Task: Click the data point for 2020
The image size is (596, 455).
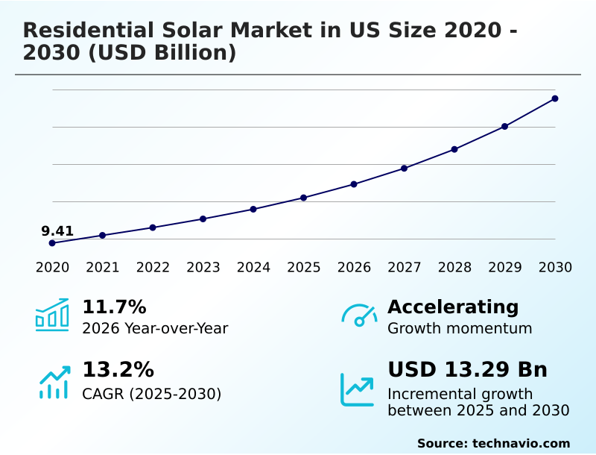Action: pos(52,243)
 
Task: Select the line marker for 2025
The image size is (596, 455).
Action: pos(304,198)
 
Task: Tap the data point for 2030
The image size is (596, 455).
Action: pos(555,98)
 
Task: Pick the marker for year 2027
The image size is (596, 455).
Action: pos(405,169)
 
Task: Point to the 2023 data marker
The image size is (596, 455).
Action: pos(203,219)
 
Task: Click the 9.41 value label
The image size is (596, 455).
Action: pos(57,231)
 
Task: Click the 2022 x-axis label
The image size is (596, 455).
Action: pos(153,268)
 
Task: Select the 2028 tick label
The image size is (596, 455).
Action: pos(454,268)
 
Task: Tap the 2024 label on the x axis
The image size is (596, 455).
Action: pos(253,268)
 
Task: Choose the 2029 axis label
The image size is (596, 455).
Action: pos(505,268)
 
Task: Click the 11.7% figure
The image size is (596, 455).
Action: pos(114,307)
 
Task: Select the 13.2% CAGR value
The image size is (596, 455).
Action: pos(118,370)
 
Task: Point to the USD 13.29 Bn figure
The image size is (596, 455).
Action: pos(468,370)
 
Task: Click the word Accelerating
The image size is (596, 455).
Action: pos(453,307)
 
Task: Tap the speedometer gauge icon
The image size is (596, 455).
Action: pos(359,316)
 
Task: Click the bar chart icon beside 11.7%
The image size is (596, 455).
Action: pos(52,316)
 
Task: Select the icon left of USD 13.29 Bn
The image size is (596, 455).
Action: pos(358,389)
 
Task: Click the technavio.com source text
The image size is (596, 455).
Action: pos(521,443)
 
